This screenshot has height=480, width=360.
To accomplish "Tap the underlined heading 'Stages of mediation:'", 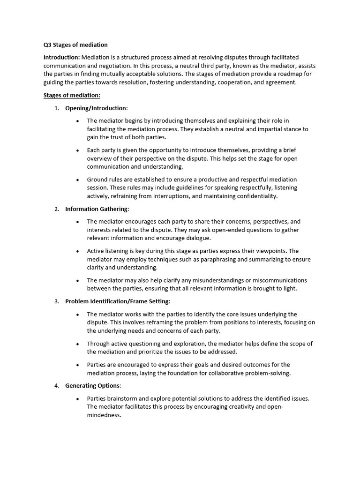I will click(x=72, y=95).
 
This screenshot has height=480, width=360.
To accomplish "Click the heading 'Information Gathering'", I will click(x=97, y=209).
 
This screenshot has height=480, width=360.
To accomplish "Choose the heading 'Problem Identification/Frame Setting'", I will click(x=117, y=301).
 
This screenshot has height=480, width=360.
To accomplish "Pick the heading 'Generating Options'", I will click(x=92, y=385).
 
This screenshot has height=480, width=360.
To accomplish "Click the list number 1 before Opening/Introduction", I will click(x=56, y=108).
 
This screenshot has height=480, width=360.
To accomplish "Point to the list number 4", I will click(x=56, y=385).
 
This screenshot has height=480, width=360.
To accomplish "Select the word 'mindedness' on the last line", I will click(x=104, y=415).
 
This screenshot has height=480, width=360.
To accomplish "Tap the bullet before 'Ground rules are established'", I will click(x=77, y=180).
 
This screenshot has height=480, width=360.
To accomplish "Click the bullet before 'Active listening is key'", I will click(x=77, y=251).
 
